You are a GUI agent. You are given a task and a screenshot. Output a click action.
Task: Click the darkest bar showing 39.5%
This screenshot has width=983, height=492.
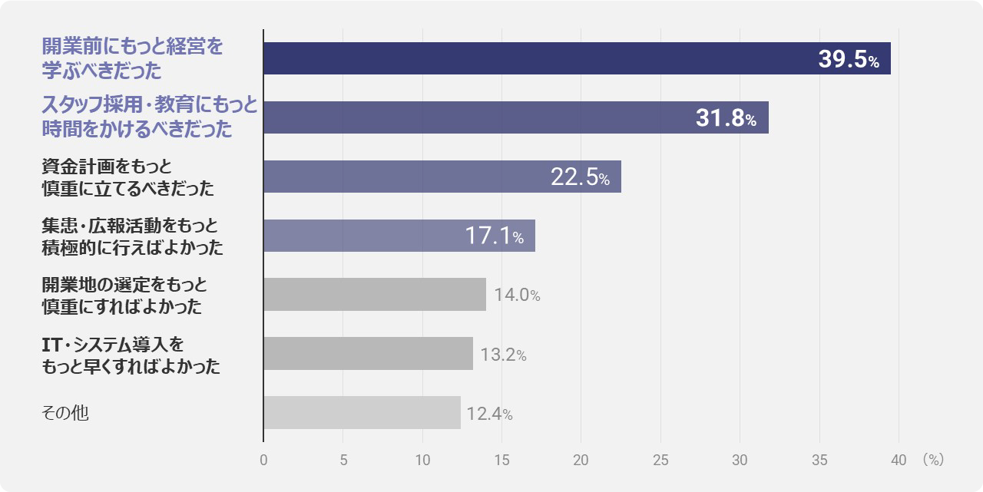click(577, 58)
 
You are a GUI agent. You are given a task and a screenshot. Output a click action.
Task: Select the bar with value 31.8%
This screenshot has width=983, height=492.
click(516, 117)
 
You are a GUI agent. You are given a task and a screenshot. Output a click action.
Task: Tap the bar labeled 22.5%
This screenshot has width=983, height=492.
click(442, 177)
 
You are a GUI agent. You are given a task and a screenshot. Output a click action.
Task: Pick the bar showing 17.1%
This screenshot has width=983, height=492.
click(399, 236)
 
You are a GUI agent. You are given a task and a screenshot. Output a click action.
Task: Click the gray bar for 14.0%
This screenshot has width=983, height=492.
click(375, 294)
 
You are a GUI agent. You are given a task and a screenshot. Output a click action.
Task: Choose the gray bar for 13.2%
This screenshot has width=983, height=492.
click(368, 353)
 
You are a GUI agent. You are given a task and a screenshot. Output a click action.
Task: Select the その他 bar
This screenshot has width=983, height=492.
click(362, 413)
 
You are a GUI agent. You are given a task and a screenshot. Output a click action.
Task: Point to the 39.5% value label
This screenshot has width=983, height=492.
click(849, 59)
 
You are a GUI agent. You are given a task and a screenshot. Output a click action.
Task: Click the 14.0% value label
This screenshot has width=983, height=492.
click(517, 295)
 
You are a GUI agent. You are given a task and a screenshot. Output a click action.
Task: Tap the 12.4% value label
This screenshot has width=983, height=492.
click(489, 414)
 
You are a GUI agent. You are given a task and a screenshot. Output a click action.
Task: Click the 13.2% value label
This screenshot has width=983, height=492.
click(503, 355)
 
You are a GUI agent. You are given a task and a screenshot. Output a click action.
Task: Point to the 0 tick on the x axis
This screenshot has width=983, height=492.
click(263, 460)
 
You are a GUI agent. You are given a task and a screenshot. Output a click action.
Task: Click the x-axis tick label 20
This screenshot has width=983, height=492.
click(581, 460)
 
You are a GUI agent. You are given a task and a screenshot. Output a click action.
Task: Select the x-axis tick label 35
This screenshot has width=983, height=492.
click(819, 460)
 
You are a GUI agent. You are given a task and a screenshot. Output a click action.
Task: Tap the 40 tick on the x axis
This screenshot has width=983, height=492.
click(899, 460)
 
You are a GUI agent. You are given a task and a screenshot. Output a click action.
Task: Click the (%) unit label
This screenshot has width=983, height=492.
click(933, 460)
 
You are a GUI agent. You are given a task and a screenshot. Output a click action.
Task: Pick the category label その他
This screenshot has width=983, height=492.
click(65, 413)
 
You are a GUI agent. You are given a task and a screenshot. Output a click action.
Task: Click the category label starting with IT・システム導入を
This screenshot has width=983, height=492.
click(131, 355)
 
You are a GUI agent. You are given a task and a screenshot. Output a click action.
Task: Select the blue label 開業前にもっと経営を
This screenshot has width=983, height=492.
click(133, 47)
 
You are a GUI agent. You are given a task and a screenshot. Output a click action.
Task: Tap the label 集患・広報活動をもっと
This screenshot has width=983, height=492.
click(130, 226)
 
